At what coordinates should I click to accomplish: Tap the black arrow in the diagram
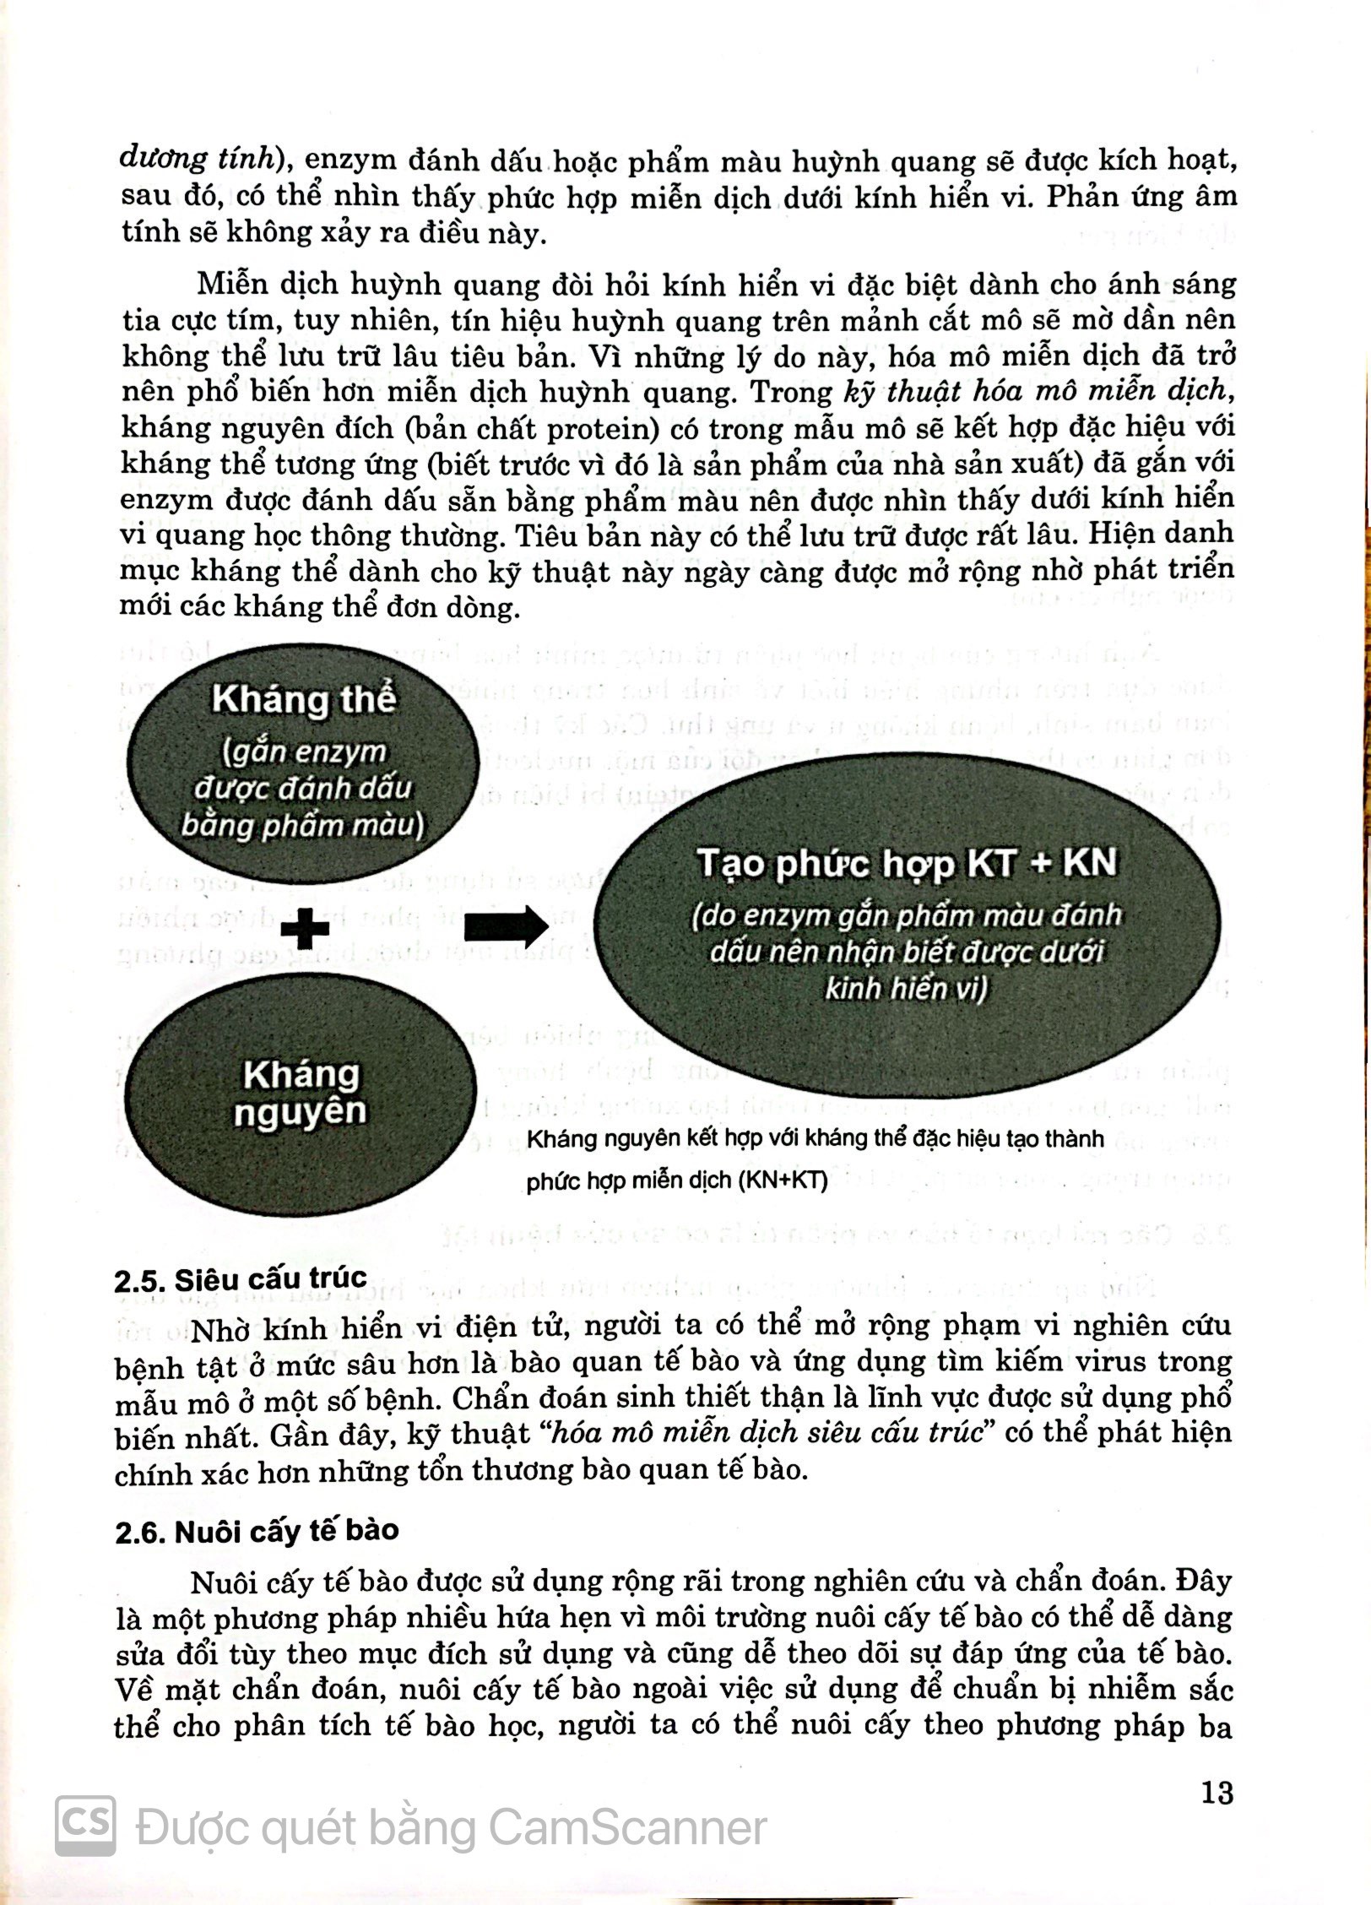point(506,927)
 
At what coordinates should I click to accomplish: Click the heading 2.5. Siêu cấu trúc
point(240,1279)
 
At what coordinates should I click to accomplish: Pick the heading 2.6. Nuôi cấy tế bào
point(257,1530)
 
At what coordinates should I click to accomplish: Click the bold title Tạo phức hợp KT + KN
point(906,864)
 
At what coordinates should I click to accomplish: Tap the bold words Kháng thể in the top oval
point(303,700)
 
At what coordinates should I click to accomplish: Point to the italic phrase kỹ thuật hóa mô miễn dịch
point(1033,391)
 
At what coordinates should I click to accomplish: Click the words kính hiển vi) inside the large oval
point(906,988)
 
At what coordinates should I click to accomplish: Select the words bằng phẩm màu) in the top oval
point(302,824)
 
